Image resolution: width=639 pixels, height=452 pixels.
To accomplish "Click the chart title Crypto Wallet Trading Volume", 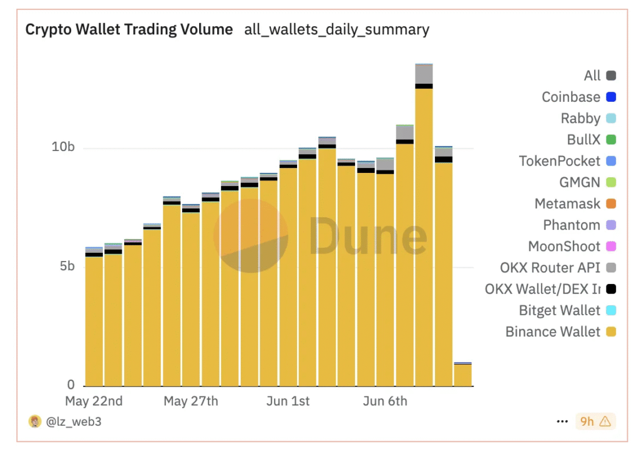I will pos(129,29).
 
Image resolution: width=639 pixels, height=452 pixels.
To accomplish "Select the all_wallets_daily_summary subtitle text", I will pos(336,29).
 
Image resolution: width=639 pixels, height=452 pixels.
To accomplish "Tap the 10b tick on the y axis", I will pos(63,147).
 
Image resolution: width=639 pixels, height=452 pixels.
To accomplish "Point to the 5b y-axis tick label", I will pos(66,267).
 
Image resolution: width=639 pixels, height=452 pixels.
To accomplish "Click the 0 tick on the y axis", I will pos(71,385).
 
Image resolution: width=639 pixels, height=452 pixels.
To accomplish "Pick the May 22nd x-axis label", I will pos(94,401).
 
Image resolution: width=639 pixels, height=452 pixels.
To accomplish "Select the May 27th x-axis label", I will pos(191,401).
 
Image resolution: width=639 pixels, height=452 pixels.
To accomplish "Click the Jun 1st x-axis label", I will pos(288,401).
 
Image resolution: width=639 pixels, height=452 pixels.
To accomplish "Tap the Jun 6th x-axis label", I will pos(385,401).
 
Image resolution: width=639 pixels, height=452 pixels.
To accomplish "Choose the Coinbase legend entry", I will pos(571,97).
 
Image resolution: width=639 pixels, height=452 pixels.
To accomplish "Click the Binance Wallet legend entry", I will pos(553,332).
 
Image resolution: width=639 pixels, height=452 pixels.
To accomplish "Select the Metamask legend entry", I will pos(567,204).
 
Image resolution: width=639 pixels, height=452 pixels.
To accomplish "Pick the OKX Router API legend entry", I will pos(550,268).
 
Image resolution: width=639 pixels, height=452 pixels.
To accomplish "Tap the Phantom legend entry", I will pos(572,225).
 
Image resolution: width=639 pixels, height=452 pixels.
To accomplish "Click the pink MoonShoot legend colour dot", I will pos(611,247).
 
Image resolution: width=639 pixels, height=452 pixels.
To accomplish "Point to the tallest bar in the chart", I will pos(424,225).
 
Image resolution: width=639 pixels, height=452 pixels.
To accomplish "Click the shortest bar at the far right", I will pos(462,374).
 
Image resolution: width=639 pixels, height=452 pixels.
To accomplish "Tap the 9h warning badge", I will pos(595,421).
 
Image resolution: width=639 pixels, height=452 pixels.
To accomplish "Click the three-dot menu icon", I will pos(562,421).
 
